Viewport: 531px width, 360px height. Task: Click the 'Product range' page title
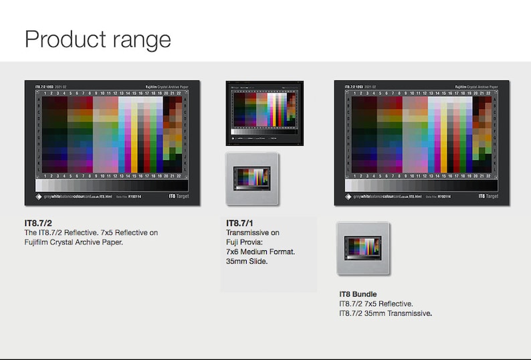click(98, 39)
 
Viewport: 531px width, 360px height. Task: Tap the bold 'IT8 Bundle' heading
click(358, 294)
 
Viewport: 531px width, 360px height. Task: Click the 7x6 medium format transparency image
click(264, 112)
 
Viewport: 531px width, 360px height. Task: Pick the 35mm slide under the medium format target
click(252, 179)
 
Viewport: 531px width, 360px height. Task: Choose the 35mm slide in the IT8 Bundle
click(363, 248)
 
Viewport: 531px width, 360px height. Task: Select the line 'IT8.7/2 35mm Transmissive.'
click(385, 313)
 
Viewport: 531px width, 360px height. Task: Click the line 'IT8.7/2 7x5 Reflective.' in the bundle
click(376, 304)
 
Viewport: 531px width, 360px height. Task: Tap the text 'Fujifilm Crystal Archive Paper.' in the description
click(74, 242)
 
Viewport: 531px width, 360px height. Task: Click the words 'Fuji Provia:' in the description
click(246, 242)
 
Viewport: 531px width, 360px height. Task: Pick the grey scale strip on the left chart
click(106, 184)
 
